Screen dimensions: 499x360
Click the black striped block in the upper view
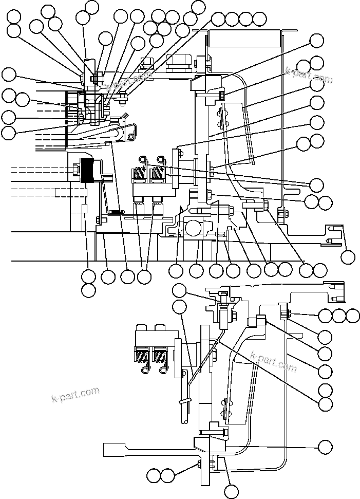pos(90,170)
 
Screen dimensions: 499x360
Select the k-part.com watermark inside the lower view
pos(273,362)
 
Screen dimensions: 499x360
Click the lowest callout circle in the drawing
pos(231,492)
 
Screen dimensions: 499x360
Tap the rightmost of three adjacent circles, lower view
pos(353,316)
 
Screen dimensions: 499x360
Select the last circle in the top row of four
pos(260,20)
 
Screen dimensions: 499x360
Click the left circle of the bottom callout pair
pos(154,475)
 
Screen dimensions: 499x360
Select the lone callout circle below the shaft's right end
pos(349,256)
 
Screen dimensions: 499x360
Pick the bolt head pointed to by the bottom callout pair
pos(198,465)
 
